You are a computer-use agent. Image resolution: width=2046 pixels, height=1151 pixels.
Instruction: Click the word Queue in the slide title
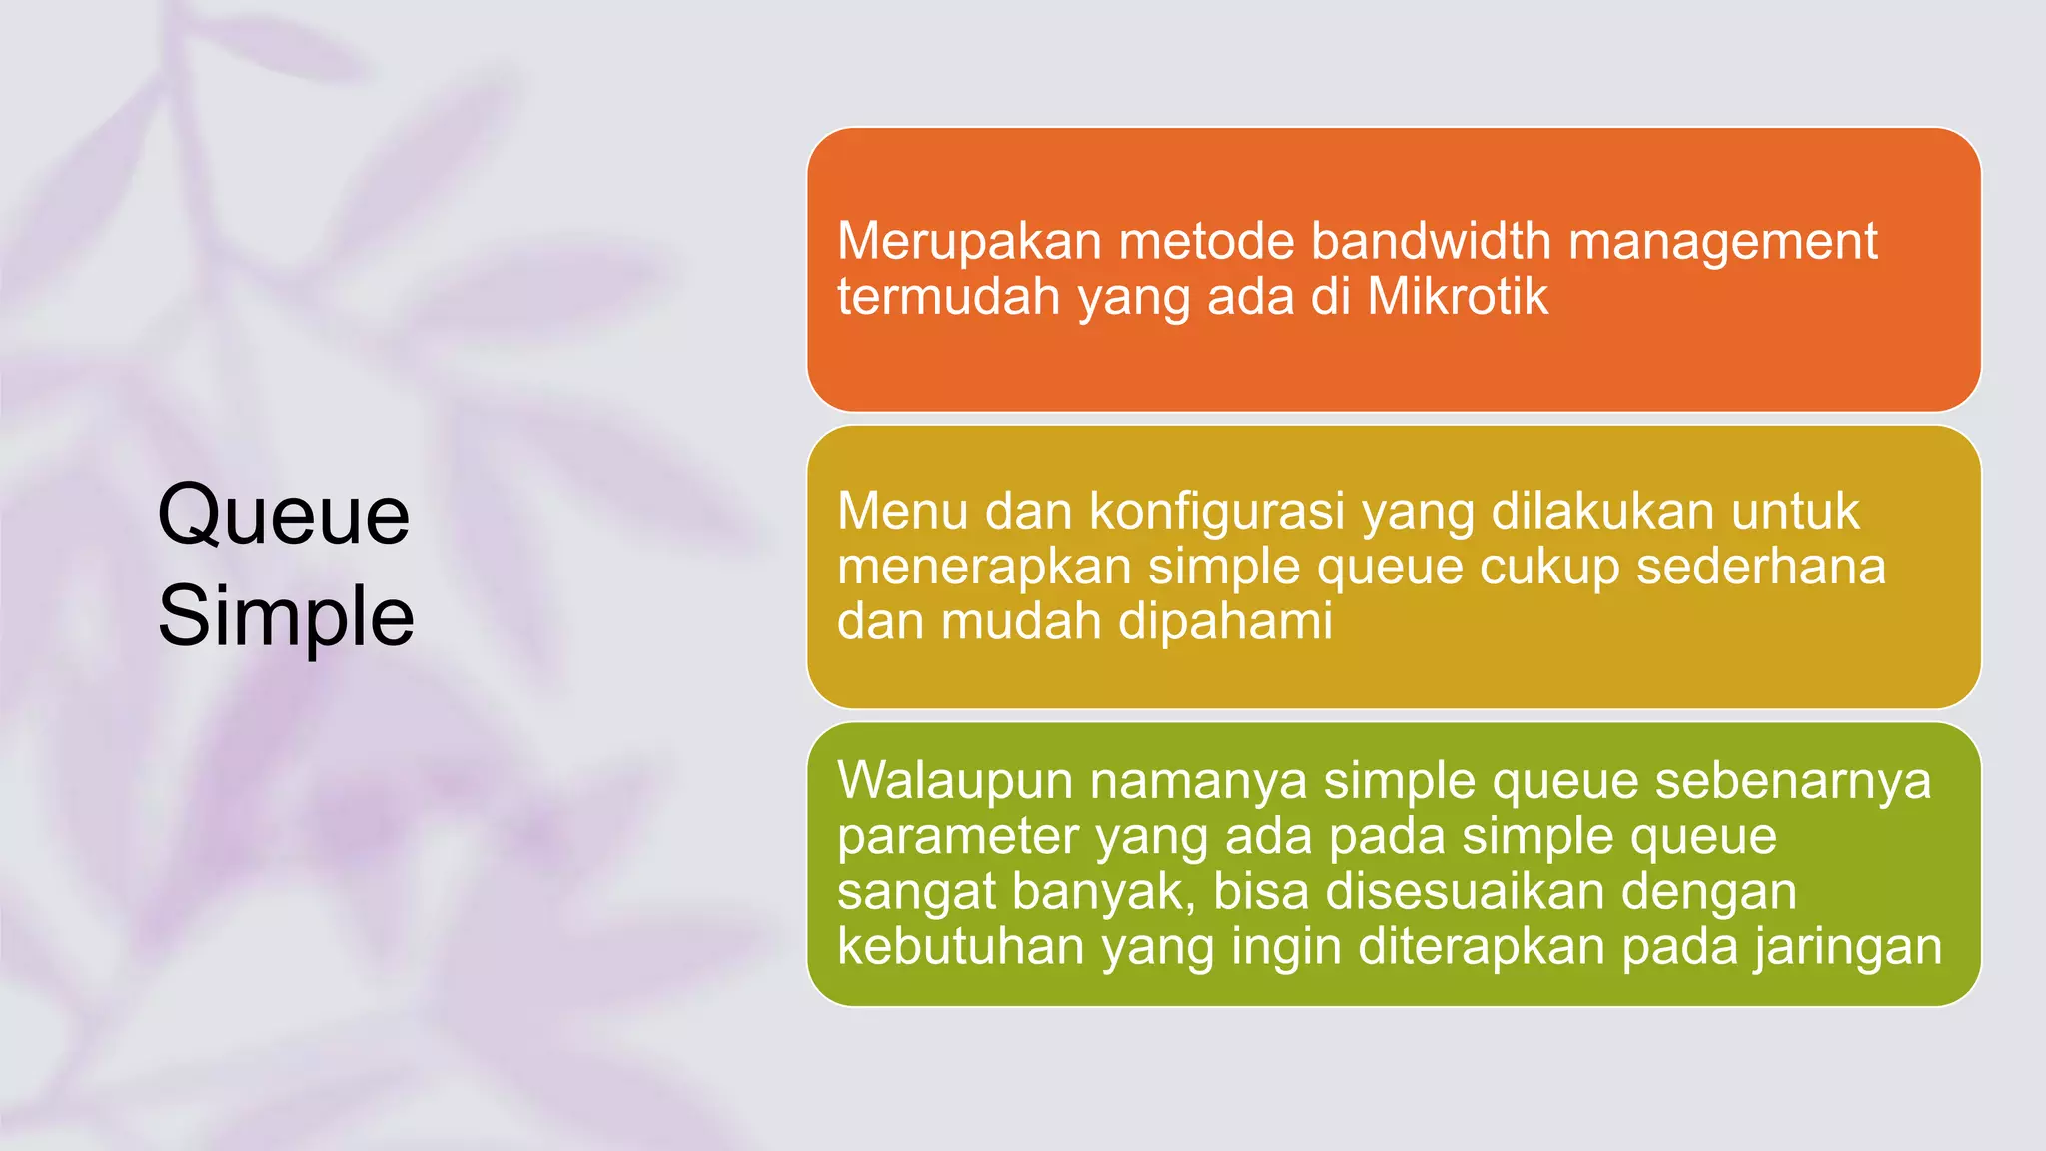pyautogui.click(x=284, y=516)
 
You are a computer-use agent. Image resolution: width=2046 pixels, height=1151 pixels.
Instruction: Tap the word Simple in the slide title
pyautogui.click(x=286, y=616)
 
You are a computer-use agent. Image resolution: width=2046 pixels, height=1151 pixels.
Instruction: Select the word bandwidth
pyautogui.click(x=1431, y=242)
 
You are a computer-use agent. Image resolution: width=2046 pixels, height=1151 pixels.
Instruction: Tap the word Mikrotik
pyautogui.click(x=1458, y=297)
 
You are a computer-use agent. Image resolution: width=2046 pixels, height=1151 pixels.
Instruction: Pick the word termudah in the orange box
pyautogui.click(x=949, y=297)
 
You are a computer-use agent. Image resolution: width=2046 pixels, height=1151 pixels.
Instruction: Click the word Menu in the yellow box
pyautogui.click(x=903, y=511)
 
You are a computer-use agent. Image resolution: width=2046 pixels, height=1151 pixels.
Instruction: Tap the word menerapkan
pyautogui.click(x=984, y=567)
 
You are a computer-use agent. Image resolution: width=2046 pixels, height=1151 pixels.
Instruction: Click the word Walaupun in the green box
pyautogui.click(x=955, y=780)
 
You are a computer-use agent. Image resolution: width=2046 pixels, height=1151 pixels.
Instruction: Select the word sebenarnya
pyautogui.click(x=1793, y=780)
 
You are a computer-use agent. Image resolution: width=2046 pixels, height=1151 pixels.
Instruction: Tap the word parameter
pyautogui.click(x=958, y=836)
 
